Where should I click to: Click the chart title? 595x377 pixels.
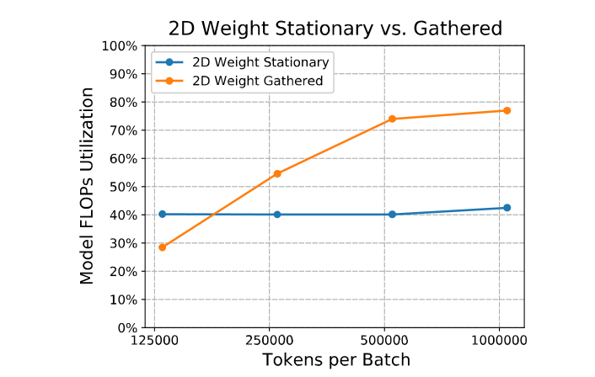(x=335, y=28)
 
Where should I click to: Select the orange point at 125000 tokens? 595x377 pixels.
(x=162, y=247)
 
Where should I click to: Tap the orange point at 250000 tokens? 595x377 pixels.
(x=277, y=173)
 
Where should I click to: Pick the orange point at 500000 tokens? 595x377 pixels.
(x=392, y=119)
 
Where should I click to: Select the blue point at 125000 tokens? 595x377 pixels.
(x=162, y=214)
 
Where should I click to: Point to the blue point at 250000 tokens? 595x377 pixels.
(x=277, y=215)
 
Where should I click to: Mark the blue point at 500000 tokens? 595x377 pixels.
(x=392, y=214)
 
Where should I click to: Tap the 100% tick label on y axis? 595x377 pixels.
(x=118, y=45)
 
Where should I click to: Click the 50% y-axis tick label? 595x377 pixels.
(x=121, y=187)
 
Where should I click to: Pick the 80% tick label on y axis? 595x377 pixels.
(x=121, y=102)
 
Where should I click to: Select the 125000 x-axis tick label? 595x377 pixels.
(x=154, y=342)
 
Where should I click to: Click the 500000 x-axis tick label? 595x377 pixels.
(x=384, y=342)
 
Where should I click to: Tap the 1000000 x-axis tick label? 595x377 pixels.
(x=500, y=342)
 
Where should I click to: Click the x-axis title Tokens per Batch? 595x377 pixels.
(x=335, y=361)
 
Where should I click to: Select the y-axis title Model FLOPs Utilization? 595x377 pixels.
(x=88, y=187)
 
